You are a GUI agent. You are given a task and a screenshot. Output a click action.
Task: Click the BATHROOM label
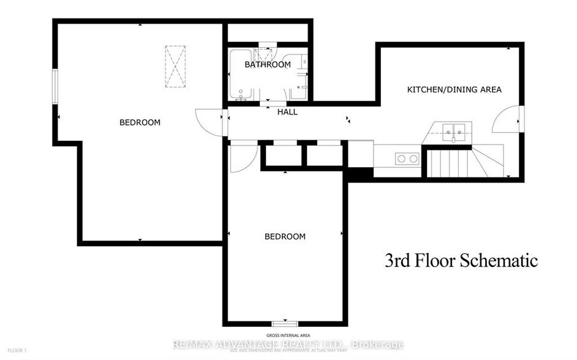tap(267, 64)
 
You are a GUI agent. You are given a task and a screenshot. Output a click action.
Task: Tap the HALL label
tap(287, 112)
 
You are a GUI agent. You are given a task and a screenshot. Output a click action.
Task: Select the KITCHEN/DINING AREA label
tap(454, 89)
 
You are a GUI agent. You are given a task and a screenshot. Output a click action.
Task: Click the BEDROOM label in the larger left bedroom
tap(140, 122)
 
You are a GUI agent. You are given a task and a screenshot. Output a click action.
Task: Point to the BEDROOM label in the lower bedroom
tap(285, 236)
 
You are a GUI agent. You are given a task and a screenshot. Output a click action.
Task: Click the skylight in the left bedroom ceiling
tap(175, 66)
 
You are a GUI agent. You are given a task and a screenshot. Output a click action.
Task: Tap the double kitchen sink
tap(454, 130)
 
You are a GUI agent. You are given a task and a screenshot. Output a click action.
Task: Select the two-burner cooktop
tap(407, 159)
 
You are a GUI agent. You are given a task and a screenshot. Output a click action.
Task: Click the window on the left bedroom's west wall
tap(55, 87)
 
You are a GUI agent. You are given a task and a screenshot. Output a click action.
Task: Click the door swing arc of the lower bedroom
tap(243, 158)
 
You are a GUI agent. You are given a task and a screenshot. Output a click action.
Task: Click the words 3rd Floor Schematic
tap(461, 261)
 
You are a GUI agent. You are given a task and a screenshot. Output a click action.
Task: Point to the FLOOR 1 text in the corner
tap(16, 350)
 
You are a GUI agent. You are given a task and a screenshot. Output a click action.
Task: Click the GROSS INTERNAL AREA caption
tap(287, 336)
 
